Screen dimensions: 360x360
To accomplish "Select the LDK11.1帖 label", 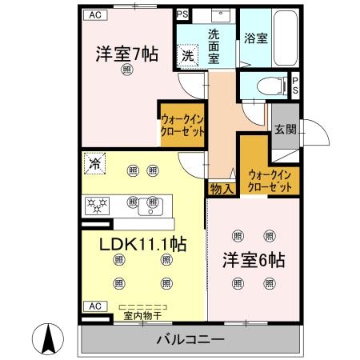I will pos(142,243).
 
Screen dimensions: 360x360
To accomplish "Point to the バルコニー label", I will pos(190,340).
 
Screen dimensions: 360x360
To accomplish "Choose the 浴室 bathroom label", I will pos(256,36).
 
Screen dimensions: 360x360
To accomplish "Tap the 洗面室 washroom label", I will pos(218,40).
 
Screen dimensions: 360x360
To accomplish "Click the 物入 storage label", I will pos(222,189).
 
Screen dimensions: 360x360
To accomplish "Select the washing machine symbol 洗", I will pos(186,55).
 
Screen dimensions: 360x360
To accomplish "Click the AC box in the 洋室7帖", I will pos(94,14).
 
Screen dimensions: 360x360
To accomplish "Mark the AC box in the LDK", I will pos(94,306).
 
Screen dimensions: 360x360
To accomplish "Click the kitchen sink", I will pos(150,206).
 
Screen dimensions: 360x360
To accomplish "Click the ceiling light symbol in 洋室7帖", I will pos(127,70).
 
